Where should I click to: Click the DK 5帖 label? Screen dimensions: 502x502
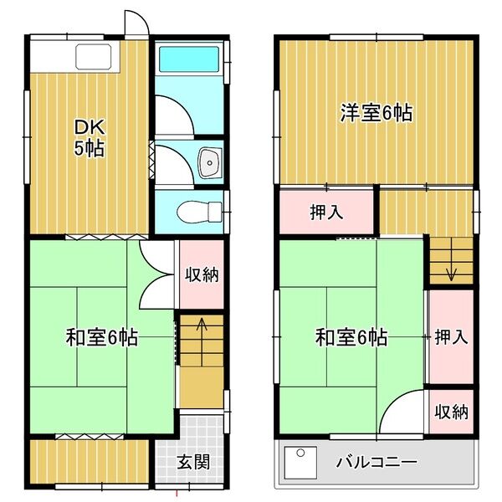90,139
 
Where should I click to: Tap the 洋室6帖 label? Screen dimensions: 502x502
376,113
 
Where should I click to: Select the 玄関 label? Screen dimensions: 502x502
194,462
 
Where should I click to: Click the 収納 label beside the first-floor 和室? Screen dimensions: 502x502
202,274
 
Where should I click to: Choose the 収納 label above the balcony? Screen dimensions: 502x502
451,412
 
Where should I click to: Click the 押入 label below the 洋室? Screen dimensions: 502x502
326,213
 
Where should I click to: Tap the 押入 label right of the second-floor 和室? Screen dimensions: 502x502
451,337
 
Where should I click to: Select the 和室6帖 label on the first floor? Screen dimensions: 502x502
102,338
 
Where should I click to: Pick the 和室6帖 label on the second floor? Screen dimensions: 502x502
351,338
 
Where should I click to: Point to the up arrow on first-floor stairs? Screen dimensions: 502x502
202,324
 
